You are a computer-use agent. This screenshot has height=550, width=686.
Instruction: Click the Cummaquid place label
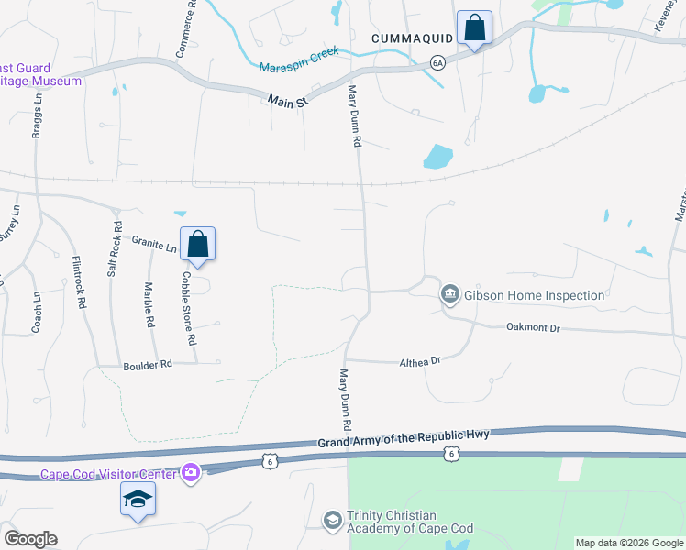413,38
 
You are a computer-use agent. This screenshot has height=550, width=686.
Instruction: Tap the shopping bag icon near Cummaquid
474,28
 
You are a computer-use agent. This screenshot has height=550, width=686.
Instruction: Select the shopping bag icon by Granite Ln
197,245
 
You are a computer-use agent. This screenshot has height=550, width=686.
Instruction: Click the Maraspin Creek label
299,60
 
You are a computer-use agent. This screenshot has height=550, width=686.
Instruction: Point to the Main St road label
287,101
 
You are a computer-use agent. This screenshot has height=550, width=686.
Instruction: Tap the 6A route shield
437,62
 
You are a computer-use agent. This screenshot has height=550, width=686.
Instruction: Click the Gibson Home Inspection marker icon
450,294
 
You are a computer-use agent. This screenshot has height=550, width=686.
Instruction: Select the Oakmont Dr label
533,327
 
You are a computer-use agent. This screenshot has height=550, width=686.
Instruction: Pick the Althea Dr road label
420,361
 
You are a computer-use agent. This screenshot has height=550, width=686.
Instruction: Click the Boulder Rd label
148,365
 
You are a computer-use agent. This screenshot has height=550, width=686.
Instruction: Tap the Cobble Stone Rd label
189,307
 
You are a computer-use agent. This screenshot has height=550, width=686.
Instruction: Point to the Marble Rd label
148,303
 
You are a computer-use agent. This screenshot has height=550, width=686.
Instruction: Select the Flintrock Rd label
79,281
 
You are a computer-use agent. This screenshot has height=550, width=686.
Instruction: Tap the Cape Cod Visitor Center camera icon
191,473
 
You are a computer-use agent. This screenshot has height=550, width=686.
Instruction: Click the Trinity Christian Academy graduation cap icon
332,521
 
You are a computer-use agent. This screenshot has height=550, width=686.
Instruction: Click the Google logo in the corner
29,538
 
